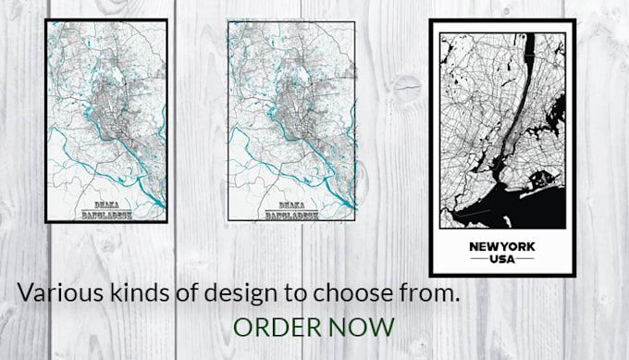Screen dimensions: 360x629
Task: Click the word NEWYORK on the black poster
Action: click(x=502, y=247)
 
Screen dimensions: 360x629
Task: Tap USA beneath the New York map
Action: click(x=502, y=261)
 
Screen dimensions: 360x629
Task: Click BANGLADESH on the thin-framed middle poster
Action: click(x=290, y=216)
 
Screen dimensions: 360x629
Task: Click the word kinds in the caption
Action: click(x=125, y=293)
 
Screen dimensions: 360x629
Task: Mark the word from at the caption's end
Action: click(x=431, y=293)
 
